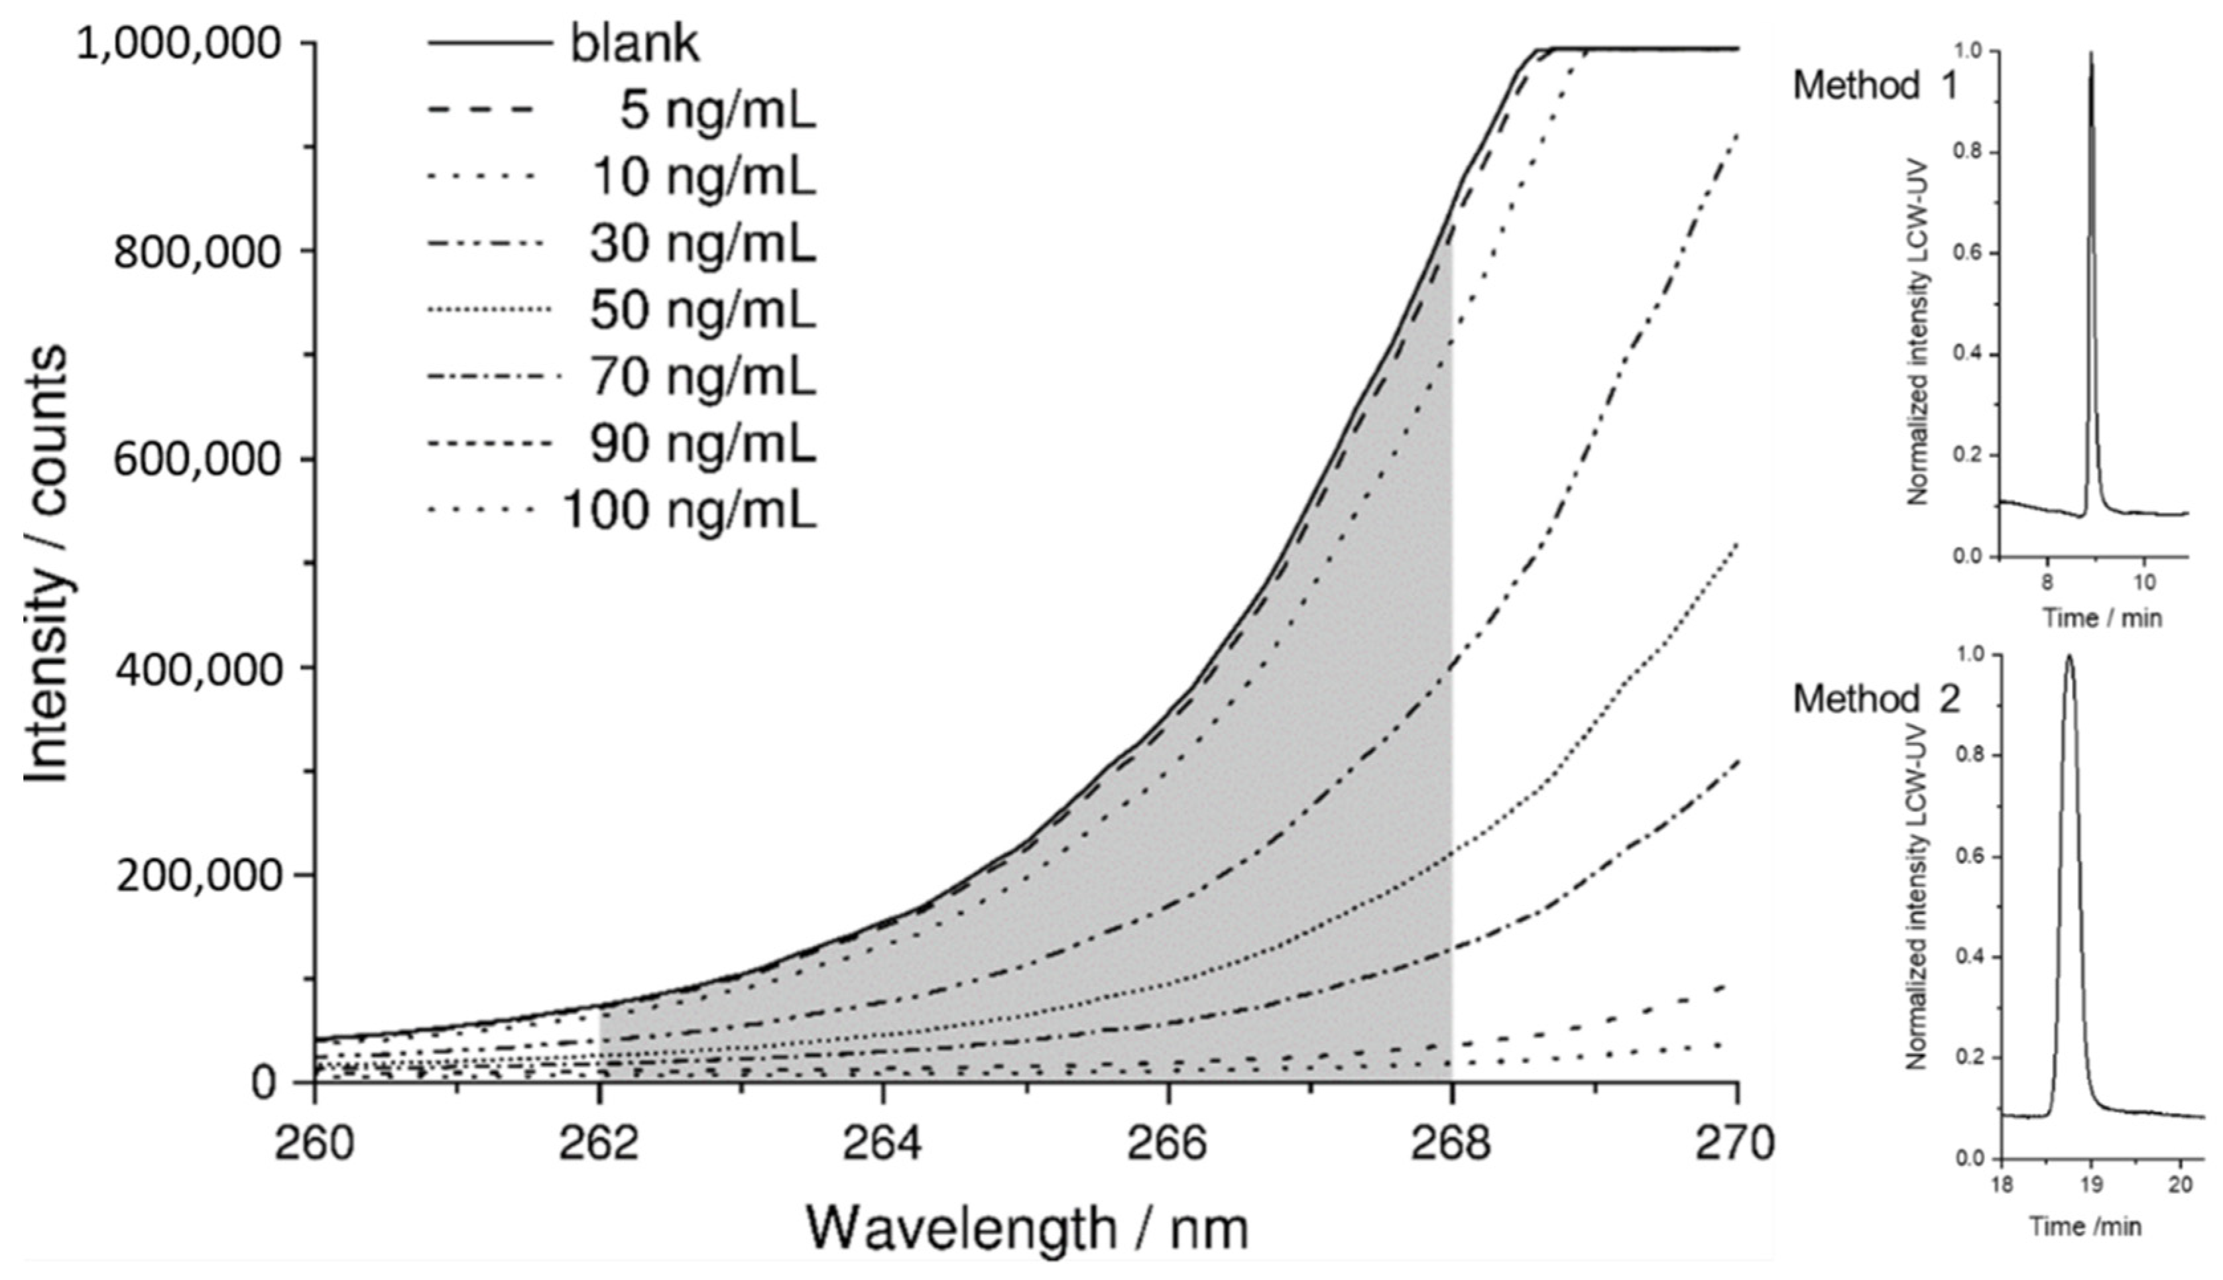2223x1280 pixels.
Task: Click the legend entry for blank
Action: tap(634, 44)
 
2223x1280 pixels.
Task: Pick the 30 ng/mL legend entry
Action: tap(702, 245)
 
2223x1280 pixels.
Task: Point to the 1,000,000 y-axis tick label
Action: tap(187, 44)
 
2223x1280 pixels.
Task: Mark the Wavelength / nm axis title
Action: tap(1027, 1228)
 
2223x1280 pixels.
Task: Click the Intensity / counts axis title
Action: tap(44, 563)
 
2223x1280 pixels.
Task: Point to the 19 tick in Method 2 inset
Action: tap(2090, 1183)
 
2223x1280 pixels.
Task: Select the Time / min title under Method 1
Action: tap(2101, 618)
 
